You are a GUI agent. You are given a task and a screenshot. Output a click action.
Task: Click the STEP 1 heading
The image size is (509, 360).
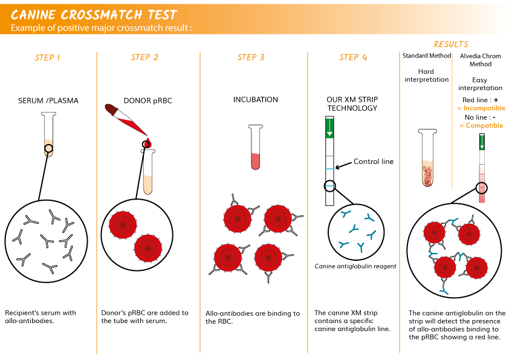(47, 58)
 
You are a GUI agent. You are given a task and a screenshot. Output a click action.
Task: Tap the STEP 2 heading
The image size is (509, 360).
(144, 57)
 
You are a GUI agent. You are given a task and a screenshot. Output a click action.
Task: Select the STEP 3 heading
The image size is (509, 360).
(251, 57)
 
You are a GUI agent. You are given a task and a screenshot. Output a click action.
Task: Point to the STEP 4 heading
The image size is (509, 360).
(353, 57)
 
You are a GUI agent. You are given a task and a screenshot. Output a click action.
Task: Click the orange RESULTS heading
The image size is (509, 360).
(451, 44)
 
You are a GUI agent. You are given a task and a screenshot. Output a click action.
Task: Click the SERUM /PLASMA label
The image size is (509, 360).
(48, 100)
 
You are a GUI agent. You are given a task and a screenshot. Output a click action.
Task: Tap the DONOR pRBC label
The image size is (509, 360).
(148, 100)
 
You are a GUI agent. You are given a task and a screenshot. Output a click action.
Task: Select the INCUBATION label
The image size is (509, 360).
(256, 99)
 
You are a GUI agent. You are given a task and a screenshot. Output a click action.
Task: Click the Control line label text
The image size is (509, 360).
(374, 162)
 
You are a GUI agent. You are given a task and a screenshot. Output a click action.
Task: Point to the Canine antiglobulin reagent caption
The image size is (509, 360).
(355, 266)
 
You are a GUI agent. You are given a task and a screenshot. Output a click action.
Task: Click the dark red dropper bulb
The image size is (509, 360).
(111, 110)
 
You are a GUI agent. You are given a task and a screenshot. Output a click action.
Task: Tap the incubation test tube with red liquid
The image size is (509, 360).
(256, 147)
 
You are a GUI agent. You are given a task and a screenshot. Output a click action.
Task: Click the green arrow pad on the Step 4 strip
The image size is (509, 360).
(329, 128)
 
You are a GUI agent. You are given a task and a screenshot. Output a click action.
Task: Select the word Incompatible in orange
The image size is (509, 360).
(484, 108)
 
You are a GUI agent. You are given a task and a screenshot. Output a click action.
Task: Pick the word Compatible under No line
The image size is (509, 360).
(484, 125)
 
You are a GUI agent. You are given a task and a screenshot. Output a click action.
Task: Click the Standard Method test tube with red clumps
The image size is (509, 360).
(427, 158)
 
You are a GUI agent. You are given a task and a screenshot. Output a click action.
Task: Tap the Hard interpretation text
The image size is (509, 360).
(426, 76)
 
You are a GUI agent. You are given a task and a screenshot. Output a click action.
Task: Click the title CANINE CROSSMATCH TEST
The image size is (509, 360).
(94, 15)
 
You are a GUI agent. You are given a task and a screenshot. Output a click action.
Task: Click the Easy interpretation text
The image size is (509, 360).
(480, 84)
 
